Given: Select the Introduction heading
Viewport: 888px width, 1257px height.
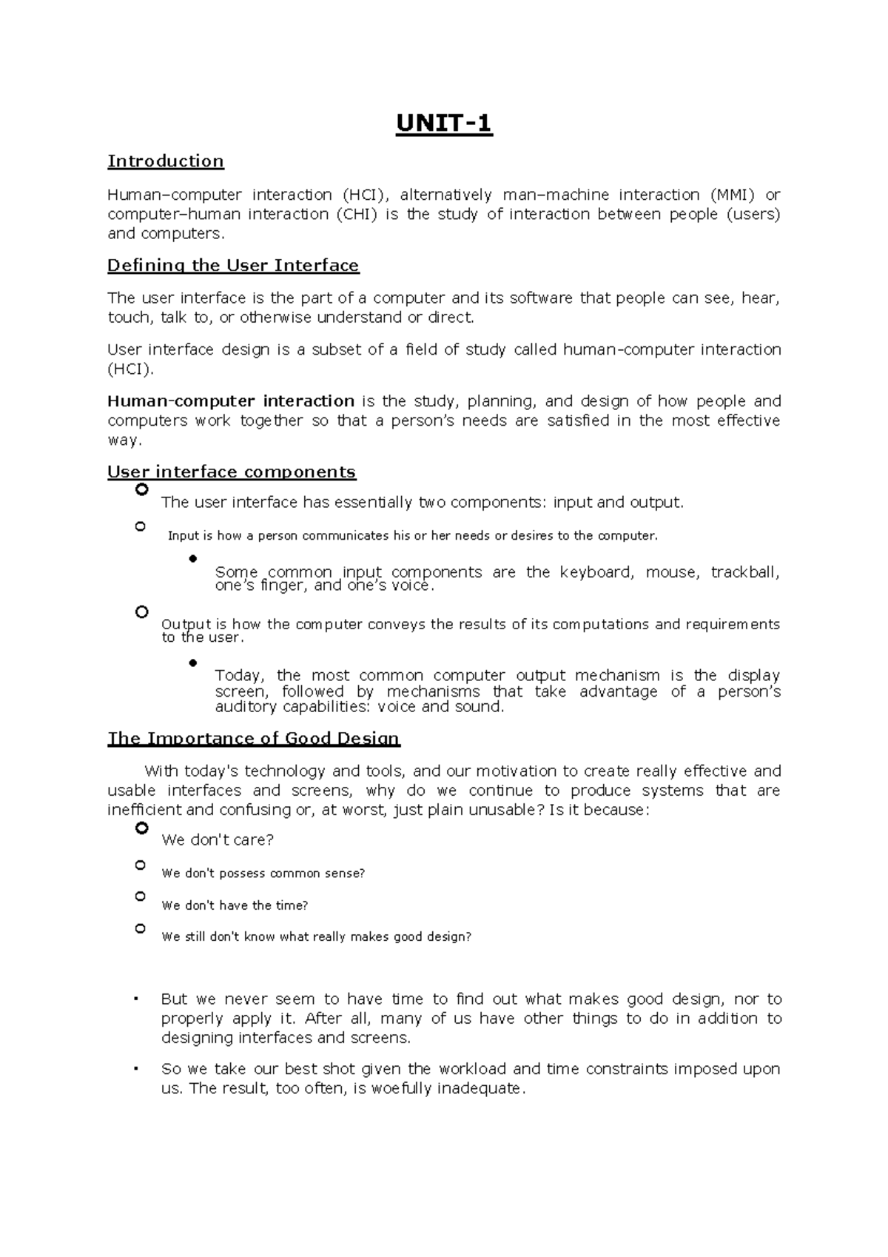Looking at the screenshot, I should (166, 161).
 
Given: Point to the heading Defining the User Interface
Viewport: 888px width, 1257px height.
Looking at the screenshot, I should (233, 265).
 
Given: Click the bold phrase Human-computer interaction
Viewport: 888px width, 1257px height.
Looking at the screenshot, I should (231, 401).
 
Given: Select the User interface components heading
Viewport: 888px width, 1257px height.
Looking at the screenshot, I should (232, 472).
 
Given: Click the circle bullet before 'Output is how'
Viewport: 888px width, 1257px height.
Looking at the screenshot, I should (142, 611).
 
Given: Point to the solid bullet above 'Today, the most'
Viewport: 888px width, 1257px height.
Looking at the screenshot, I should (193, 663).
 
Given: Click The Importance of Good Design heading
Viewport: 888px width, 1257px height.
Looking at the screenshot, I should (254, 738).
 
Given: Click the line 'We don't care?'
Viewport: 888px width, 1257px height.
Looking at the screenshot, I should (218, 840).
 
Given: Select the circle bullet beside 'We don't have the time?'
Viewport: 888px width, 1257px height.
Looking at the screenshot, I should (141, 896).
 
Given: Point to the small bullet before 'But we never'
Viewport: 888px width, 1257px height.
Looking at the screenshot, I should (136, 999).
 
